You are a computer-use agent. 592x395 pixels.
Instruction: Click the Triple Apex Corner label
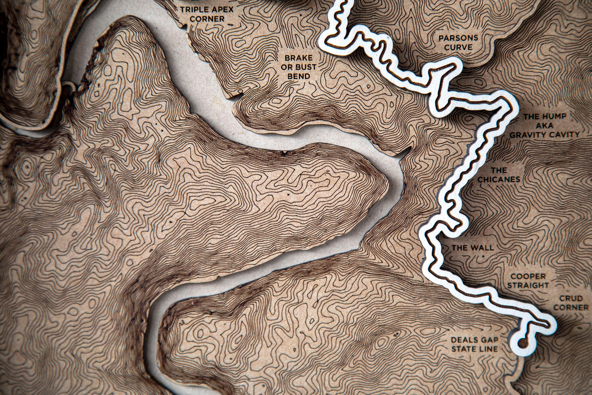[207, 14]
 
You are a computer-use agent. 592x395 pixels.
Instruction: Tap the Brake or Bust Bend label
[298, 67]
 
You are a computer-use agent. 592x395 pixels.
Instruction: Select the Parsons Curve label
[458, 42]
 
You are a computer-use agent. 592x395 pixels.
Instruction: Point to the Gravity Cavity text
[544, 135]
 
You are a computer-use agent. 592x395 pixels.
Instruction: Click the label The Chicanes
[499, 175]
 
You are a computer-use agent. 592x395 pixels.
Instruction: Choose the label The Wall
[472, 248]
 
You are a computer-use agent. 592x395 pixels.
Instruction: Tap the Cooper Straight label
[528, 281]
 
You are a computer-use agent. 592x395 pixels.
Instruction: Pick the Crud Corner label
[571, 303]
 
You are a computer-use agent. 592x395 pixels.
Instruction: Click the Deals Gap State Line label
[474, 345]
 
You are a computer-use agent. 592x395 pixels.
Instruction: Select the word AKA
[545, 126]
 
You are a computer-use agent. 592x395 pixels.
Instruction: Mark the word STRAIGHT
[528, 285]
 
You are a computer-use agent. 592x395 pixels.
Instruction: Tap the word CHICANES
[499, 179]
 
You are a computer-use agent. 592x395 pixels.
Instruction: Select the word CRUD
[571, 298]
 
